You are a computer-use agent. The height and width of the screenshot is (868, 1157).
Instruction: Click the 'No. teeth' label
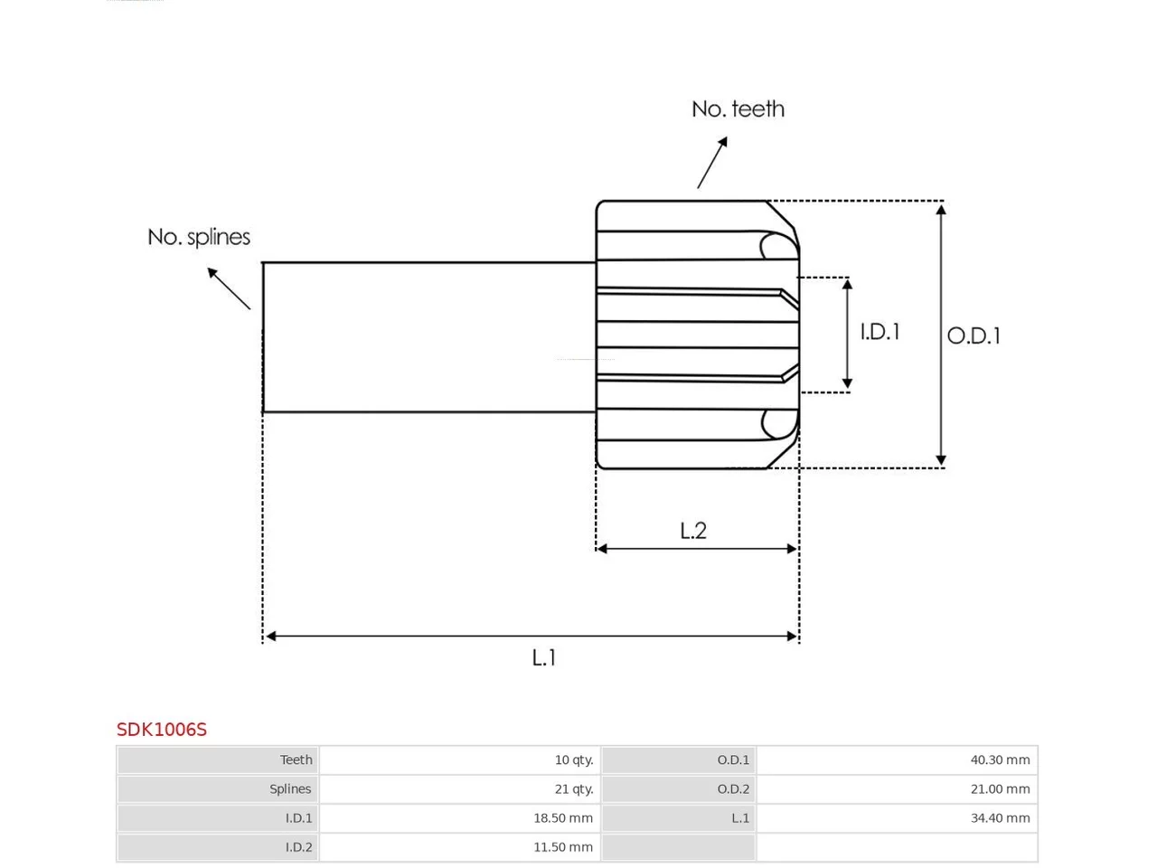pyautogui.click(x=738, y=109)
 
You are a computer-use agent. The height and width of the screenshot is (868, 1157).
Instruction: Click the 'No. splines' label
pyautogui.click(x=199, y=237)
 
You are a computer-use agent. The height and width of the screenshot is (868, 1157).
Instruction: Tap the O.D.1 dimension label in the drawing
pyautogui.click(x=973, y=335)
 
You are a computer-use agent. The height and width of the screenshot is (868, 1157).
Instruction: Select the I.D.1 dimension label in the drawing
pyautogui.click(x=880, y=332)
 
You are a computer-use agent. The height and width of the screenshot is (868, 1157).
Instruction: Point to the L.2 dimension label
pyautogui.click(x=693, y=530)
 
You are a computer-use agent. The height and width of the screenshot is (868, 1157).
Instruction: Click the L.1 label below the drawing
pyautogui.click(x=543, y=657)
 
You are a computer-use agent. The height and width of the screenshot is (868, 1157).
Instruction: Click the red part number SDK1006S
pyautogui.click(x=161, y=730)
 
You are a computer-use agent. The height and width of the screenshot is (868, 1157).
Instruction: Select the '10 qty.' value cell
pyautogui.click(x=460, y=759)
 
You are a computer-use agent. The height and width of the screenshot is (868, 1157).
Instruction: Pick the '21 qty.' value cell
pyautogui.click(x=460, y=789)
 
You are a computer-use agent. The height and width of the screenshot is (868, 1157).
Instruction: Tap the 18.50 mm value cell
pyautogui.click(x=460, y=818)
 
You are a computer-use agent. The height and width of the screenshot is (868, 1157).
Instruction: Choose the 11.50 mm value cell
pyautogui.click(x=460, y=847)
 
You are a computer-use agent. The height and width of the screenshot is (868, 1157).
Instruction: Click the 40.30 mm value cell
pyautogui.click(x=897, y=759)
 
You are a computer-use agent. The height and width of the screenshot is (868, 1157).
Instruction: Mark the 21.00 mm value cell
pyautogui.click(x=897, y=789)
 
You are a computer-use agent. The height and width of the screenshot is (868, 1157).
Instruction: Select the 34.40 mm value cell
pyautogui.click(x=897, y=818)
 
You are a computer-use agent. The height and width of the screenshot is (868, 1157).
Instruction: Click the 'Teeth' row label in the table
pyautogui.click(x=296, y=759)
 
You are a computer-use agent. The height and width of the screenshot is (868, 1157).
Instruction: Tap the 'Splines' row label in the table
pyautogui.click(x=290, y=789)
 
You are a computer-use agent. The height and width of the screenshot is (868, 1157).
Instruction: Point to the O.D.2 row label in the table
pyautogui.click(x=733, y=789)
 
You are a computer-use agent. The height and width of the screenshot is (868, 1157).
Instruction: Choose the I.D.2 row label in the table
pyautogui.click(x=298, y=847)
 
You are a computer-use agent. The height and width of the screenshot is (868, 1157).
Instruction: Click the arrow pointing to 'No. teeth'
pyautogui.click(x=712, y=163)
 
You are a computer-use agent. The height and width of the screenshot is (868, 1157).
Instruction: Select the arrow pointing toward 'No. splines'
pyautogui.click(x=229, y=288)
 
